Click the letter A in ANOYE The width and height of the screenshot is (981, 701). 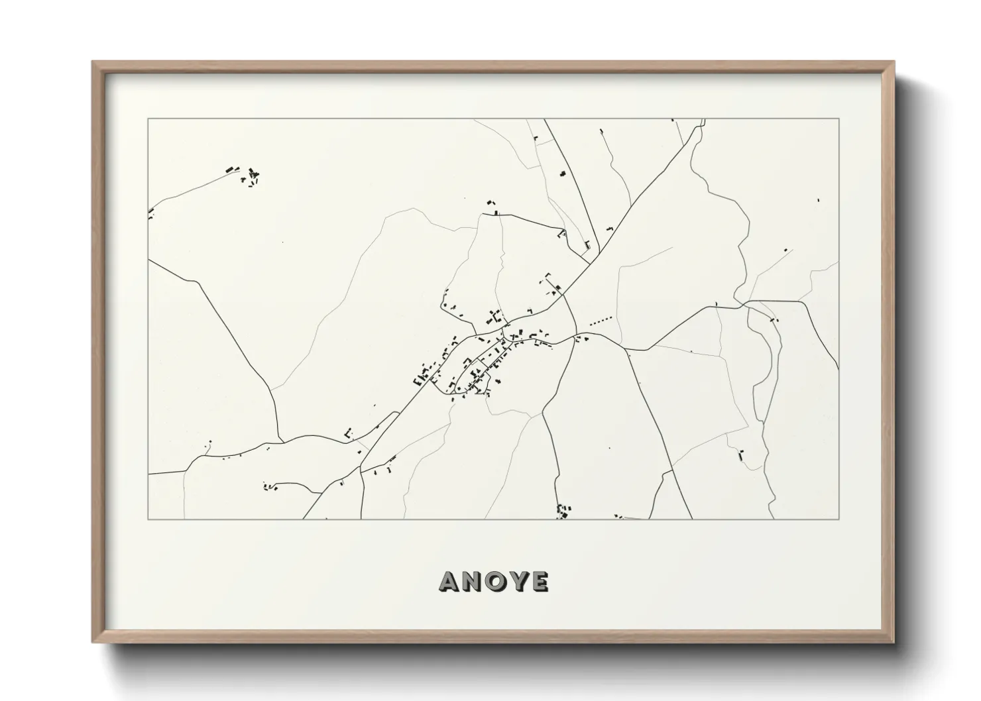pyautogui.click(x=450, y=581)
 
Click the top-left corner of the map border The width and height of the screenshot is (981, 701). pyautogui.click(x=148, y=119)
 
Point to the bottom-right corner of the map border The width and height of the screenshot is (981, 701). pyautogui.click(x=838, y=519)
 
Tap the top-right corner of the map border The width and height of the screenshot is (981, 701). pyautogui.click(x=838, y=119)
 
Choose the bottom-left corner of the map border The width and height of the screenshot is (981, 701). pyautogui.click(x=148, y=519)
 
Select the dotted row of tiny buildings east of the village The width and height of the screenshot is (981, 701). pyautogui.click(x=601, y=320)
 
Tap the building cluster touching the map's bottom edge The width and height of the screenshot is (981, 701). pyautogui.click(x=563, y=512)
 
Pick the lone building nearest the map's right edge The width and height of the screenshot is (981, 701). pyautogui.click(x=818, y=198)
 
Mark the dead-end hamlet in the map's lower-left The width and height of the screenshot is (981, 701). pyautogui.click(x=270, y=487)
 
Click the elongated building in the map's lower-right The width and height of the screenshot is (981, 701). pyautogui.click(x=740, y=455)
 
